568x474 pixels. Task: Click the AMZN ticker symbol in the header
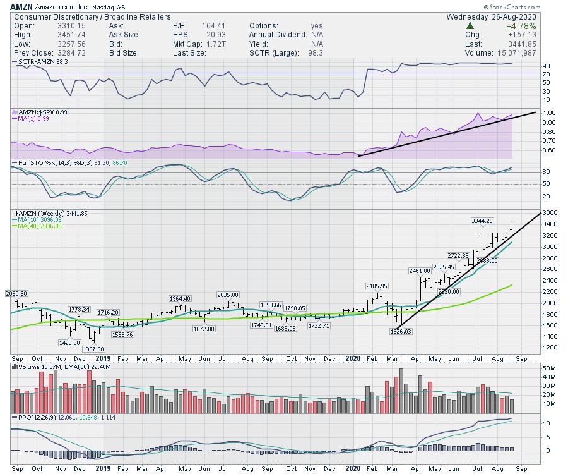[x=21, y=6]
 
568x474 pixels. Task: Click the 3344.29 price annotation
[x=482, y=221]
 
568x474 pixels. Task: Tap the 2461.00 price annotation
[x=419, y=270]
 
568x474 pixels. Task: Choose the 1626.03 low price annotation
[x=401, y=331]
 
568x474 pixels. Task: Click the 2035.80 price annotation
[x=227, y=295]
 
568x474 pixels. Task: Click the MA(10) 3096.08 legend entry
[x=38, y=220]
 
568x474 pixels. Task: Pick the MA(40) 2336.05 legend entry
[x=38, y=226]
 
